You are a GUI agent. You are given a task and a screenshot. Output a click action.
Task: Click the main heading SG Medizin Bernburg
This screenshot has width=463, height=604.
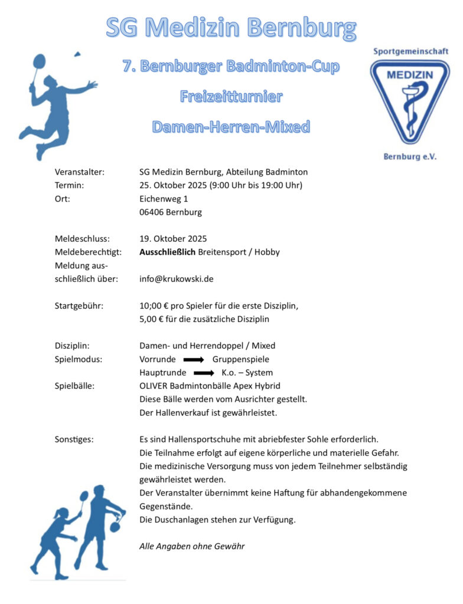tap(231, 27)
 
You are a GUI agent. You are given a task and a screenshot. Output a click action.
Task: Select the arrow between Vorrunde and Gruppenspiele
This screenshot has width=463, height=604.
tap(194, 359)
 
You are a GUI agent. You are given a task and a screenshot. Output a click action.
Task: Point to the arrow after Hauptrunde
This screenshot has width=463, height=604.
tap(204, 373)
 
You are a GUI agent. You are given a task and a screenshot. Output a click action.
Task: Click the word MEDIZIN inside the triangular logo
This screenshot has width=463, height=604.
tap(410, 75)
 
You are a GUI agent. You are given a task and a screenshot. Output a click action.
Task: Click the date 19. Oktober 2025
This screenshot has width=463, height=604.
tap(173, 239)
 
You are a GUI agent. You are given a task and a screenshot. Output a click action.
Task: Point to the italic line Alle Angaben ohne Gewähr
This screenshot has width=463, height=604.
tap(192, 546)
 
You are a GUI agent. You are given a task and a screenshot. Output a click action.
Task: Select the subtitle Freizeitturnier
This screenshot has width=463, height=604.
tap(231, 96)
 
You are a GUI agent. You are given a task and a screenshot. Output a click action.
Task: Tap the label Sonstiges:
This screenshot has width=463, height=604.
tap(74, 439)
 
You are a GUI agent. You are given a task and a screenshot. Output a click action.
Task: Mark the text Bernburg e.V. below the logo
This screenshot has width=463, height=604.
tap(410, 156)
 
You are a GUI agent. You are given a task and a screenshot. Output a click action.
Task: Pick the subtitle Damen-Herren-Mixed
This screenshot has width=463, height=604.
tap(231, 126)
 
